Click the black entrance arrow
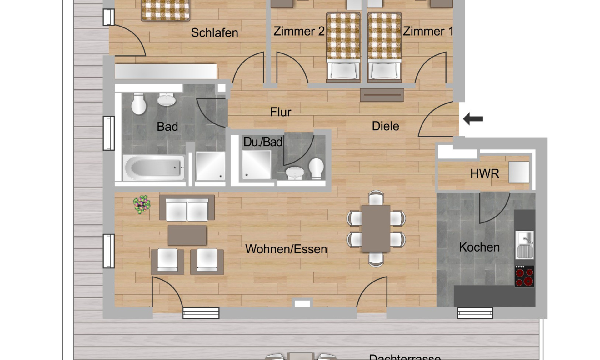[473, 119]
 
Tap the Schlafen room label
[214, 33]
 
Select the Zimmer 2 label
[299, 32]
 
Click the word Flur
[280, 112]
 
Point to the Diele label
[385, 126]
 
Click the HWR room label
[484, 173]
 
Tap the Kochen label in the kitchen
[479, 247]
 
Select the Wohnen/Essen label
[286, 249]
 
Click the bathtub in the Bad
[153, 168]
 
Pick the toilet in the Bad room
[139, 104]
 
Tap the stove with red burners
[524, 276]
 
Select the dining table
[376, 228]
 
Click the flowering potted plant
[142, 204]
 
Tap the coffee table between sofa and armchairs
[187, 235]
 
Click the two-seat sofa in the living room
[187, 208]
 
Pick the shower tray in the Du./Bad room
[256, 165]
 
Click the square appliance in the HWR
[519, 172]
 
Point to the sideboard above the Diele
[382, 95]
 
